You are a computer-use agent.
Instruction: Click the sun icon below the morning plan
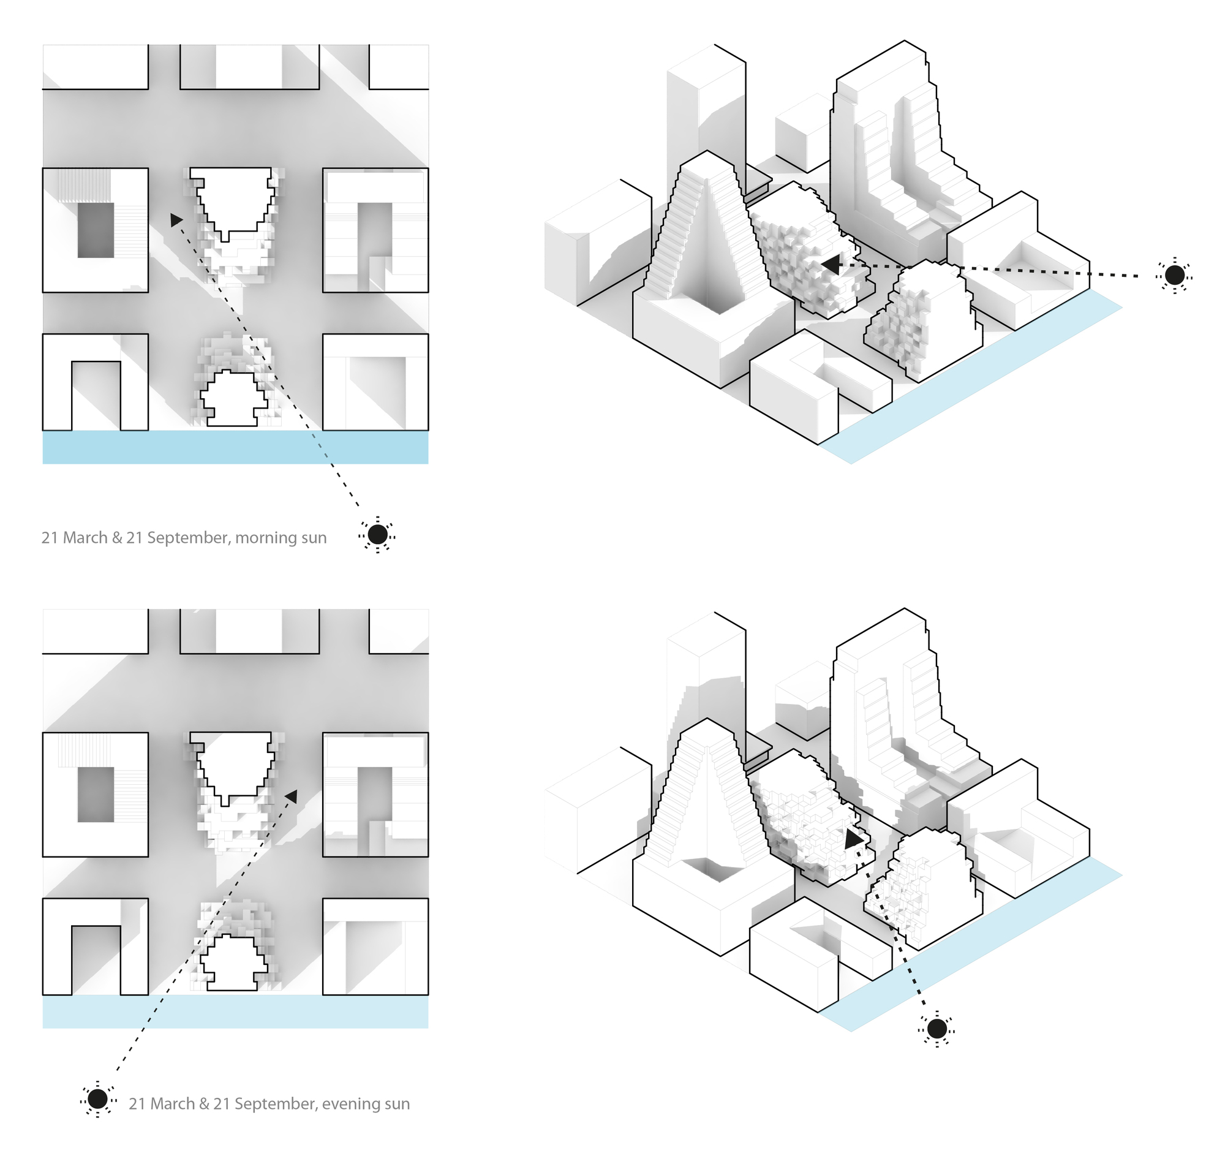(377, 534)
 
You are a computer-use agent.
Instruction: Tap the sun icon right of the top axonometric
(1174, 275)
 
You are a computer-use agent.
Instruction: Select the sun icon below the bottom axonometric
(937, 1028)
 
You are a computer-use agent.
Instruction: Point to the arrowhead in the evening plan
(291, 797)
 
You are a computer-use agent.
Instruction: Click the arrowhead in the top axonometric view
(830, 266)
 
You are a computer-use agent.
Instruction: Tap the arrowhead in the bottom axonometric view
(853, 839)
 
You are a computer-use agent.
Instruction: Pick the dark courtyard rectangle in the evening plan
(96, 795)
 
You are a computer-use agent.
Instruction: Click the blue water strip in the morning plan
(235, 447)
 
